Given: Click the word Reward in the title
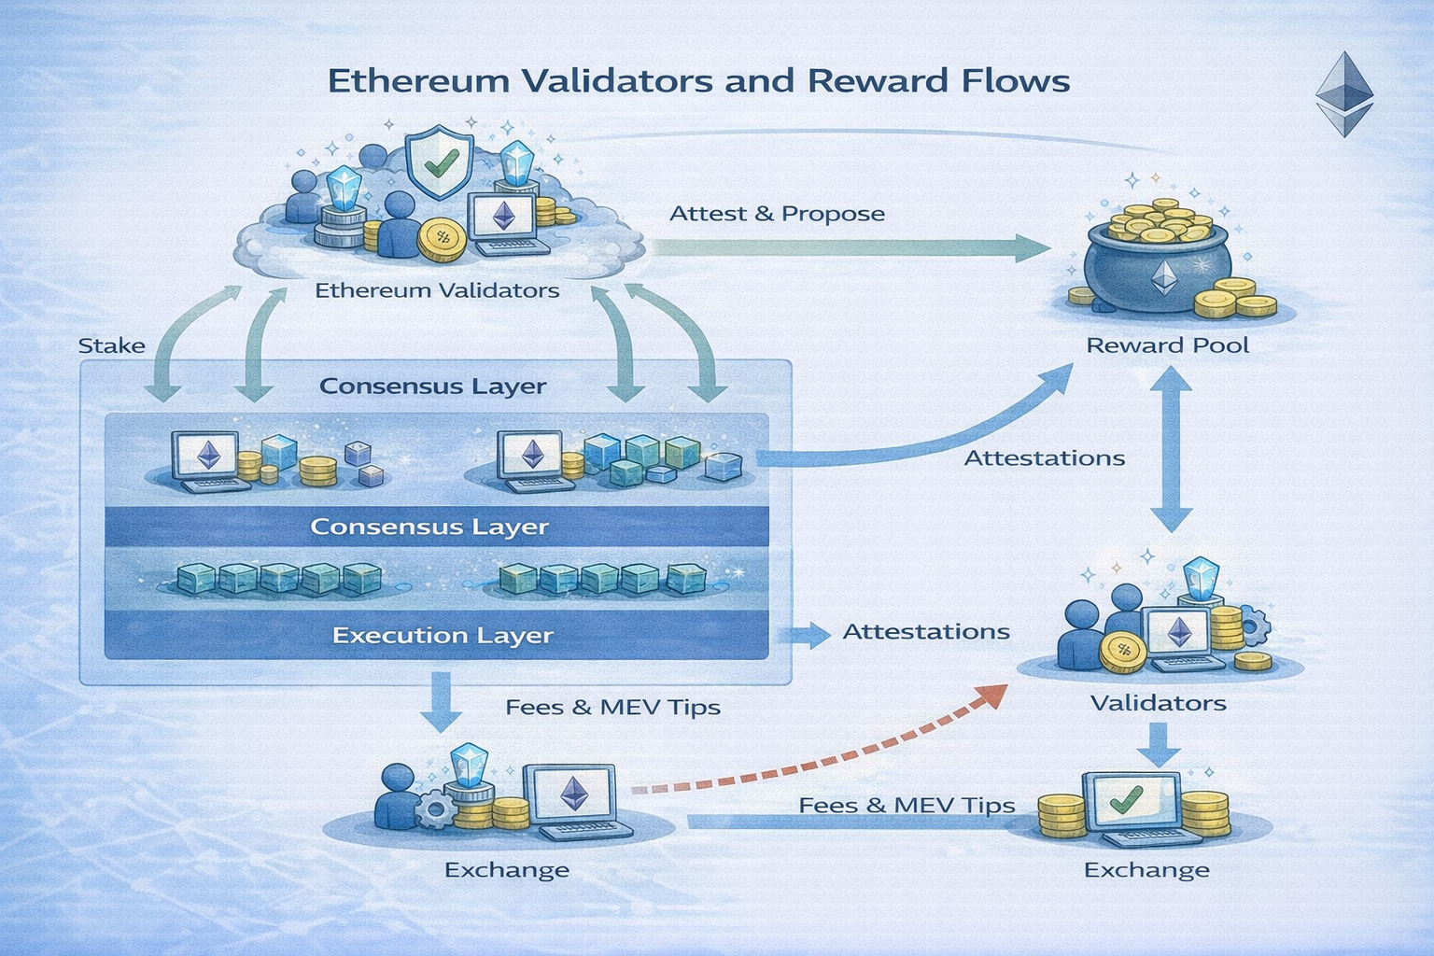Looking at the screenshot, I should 865,80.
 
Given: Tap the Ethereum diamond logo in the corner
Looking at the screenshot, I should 1344,93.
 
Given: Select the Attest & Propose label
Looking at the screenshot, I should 777,214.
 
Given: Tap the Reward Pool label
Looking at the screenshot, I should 1167,345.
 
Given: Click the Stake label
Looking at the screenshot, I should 111,345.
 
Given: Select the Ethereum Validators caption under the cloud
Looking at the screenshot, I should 437,290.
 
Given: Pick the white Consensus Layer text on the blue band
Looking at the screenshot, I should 429,527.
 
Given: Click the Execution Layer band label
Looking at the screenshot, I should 443,636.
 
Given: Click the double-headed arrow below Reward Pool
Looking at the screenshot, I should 1171,448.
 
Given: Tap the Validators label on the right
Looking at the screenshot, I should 1158,703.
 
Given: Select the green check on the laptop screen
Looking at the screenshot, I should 1127,798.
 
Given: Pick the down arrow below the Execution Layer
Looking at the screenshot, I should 441,703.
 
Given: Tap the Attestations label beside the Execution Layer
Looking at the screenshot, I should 926,632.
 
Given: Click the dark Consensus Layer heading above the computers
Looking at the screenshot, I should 432,387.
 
